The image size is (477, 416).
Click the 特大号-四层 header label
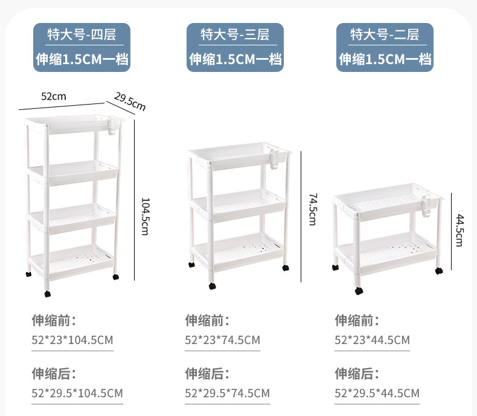(x=82, y=34)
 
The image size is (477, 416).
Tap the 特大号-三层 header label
(x=234, y=34)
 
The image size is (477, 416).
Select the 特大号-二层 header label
(x=385, y=34)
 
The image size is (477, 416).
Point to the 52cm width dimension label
(x=53, y=96)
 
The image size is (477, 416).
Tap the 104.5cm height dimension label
(x=145, y=216)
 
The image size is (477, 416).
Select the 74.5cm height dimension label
(x=313, y=209)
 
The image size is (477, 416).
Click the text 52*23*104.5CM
(x=72, y=340)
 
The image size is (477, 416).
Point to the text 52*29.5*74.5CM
(x=227, y=394)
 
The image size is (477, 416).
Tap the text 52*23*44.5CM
(x=372, y=340)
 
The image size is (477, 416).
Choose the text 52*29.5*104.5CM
(x=77, y=394)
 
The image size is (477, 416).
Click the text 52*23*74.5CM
(x=222, y=340)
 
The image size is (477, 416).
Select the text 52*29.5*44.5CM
(x=377, y=394)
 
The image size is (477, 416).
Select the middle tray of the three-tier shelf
(x=236, y=201)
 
